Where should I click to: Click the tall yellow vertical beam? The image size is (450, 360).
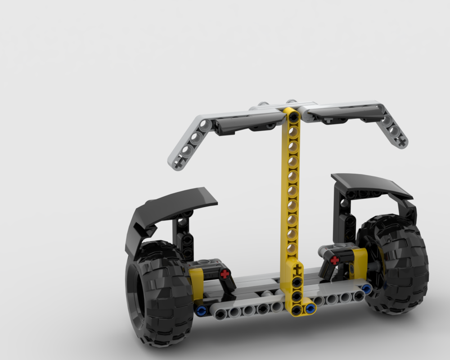(x=292, y=193)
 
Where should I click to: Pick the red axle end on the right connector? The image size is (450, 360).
(x=334, y=260)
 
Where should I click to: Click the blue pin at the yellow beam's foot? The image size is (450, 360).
(x=310, y=309)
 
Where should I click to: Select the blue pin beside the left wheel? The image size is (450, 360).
(x=201, y=310)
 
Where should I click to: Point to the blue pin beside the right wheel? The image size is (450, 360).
(x=368, y=288)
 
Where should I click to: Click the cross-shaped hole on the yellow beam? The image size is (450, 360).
(x=297, y=270)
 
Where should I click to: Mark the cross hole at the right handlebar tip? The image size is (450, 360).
(x=401, y=142)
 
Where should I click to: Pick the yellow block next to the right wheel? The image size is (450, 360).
(x=360, y=263)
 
